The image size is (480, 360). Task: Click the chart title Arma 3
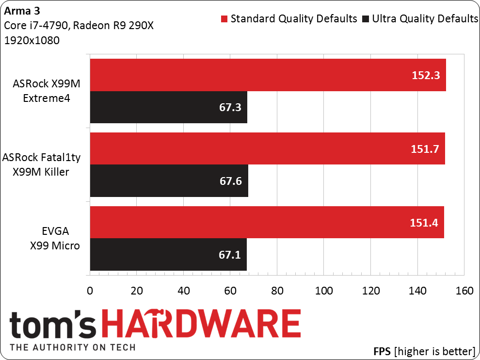coord(22,11)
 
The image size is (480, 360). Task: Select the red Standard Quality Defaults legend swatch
coord(224,19)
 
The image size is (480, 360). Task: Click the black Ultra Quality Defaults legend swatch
coord(366,19)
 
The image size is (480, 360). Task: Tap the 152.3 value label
coord(426,75)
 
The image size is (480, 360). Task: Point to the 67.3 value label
coord(230,107)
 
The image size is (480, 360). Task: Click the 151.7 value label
coord(425,149)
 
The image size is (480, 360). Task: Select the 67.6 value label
coord(231,181)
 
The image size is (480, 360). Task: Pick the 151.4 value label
coord(424,223)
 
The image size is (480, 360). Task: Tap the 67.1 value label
coord(230,255)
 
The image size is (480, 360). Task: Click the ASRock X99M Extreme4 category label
coord(47,91)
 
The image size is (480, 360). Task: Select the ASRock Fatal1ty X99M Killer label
coord(41,164)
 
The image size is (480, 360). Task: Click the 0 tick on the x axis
coord(90,291)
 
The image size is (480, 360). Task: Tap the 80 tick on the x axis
coord(277,291)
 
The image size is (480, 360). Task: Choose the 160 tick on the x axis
coord(464,291)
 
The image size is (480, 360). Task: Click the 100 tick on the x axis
coord(324,291)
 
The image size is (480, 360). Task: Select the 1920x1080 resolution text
coord(32,40)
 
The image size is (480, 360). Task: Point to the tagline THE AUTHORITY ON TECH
coord(73,347)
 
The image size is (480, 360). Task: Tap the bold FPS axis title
coord(382,351)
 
